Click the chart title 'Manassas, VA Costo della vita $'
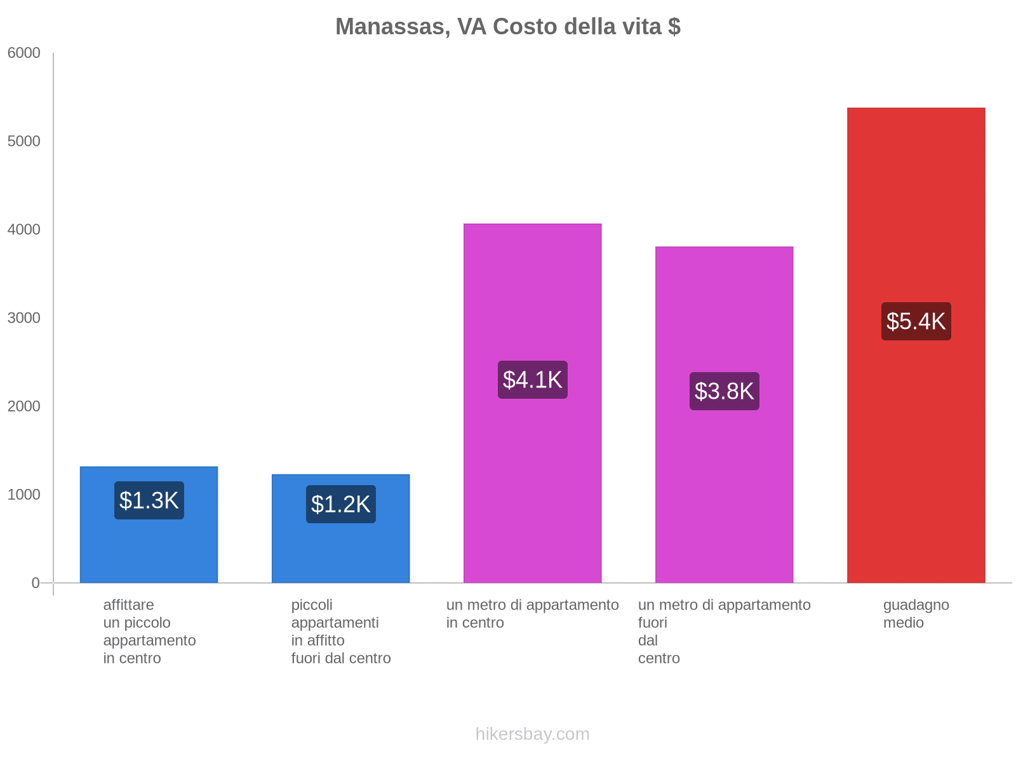point(508,27)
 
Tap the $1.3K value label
point(149,500)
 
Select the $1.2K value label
point(341,504)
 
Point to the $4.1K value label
point(532,380)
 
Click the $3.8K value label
point(724,391)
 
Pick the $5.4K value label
point(916,321)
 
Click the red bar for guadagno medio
point(916,444)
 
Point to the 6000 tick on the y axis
point(24,53)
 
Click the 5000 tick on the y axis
point(24,142)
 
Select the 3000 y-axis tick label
point(24,318)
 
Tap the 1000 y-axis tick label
point(24,495)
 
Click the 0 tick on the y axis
point(36,583)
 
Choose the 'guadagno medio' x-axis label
point(916,614)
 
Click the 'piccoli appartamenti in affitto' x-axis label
point(341,631)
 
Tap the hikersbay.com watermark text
point(532,734)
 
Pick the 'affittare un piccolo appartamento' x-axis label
point(149,631)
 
